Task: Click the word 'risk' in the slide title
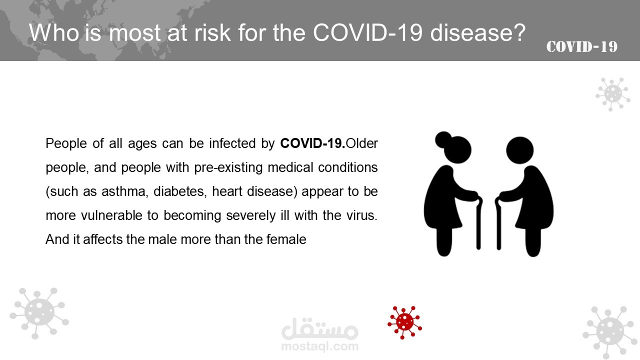click(212, 32)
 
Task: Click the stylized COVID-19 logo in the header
click(581, 47)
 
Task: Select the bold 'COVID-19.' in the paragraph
click(312, 143)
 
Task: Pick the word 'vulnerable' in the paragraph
click(111, 215)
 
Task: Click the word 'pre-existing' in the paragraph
click(228, 167)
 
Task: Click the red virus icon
click(404, 322)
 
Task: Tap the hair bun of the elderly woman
click(443, 139)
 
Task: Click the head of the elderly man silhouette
click(519, 150)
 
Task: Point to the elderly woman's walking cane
click(479, 223)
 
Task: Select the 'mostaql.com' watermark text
click(319, 346)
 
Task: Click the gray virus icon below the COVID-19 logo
click(613, 94)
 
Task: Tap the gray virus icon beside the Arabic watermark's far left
click(39, 313)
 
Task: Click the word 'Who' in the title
click(54, 32)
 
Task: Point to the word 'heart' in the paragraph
click(227, 191)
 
